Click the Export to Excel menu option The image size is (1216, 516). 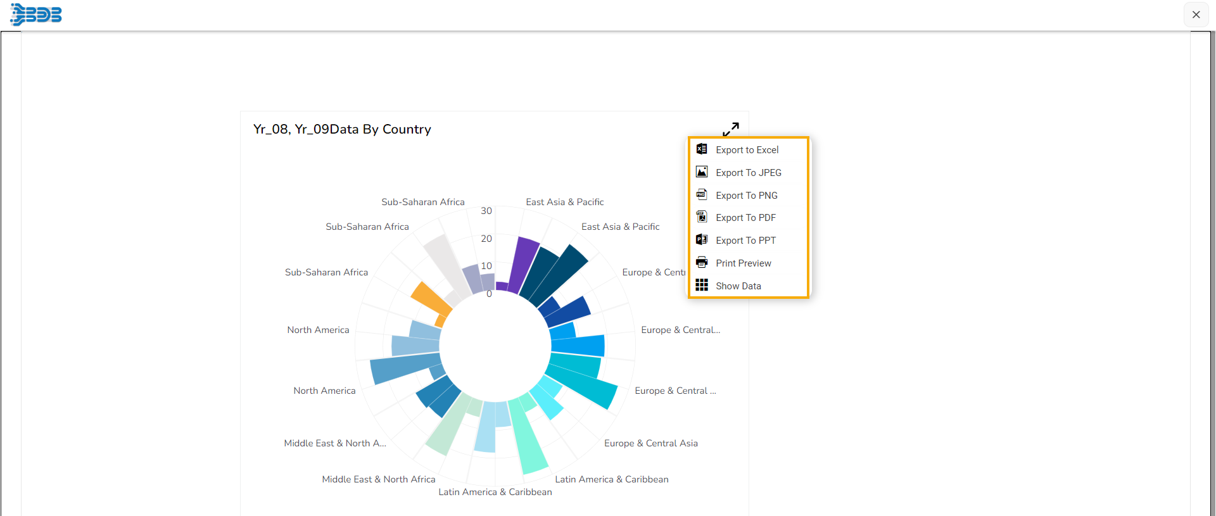747,150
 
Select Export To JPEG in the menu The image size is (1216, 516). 748,173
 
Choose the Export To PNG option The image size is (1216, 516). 746,196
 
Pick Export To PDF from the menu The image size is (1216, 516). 745,218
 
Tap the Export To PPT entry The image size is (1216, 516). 745,241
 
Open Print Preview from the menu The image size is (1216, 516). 743,263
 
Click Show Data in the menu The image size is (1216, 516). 738,286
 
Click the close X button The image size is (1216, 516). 1196,15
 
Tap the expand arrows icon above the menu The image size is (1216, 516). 731,129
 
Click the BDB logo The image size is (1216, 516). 36,14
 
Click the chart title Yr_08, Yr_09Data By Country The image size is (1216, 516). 342,129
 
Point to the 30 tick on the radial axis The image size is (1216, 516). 486,211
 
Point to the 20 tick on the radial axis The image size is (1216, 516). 486,239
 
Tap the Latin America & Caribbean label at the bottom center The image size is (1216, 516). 495,492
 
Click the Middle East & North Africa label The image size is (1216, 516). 378,479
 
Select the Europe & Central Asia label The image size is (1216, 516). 650,443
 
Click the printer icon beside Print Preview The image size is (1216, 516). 702,263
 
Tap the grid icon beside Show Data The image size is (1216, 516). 702,286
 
